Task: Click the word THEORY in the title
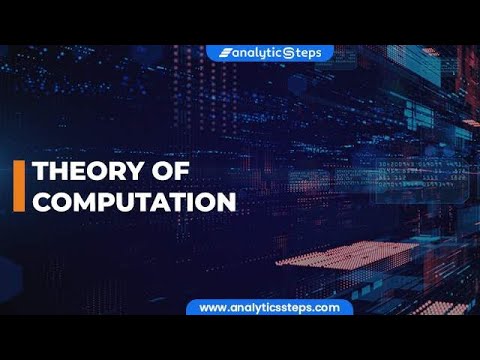click(81, 172)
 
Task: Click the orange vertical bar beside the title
click(18, 186)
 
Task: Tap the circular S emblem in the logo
click(290, 53)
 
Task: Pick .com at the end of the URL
click(327, 308)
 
